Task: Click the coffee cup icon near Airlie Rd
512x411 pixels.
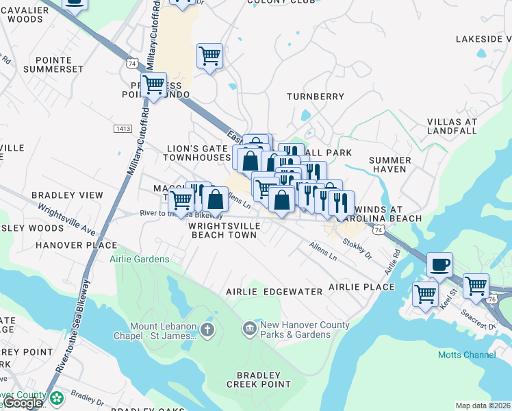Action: coord(439,264)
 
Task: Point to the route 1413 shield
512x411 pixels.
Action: coord(123,129)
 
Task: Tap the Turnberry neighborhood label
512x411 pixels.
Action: coord(315,97)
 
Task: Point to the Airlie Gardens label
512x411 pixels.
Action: coord(140,259)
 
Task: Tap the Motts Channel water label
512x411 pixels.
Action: coord(467,354)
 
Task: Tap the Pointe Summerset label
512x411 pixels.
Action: coord(53,64)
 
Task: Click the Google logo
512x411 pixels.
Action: coord(23,403)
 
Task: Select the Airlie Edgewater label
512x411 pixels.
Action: coord(274,291)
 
